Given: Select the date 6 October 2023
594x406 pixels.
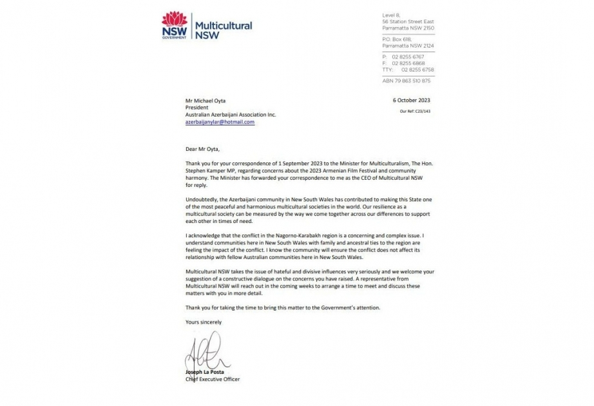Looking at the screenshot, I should pos(412,101).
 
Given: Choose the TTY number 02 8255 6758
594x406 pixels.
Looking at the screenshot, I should pos(416,69).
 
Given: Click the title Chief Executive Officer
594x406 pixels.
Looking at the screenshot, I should pos(212,380).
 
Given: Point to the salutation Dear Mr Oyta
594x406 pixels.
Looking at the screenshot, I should pos(204,148).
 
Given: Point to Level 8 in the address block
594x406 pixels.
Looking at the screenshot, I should pos(392,15).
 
